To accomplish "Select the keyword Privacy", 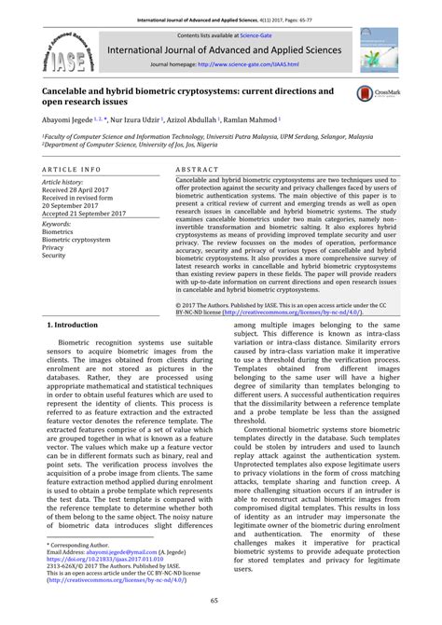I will pos(54,248).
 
